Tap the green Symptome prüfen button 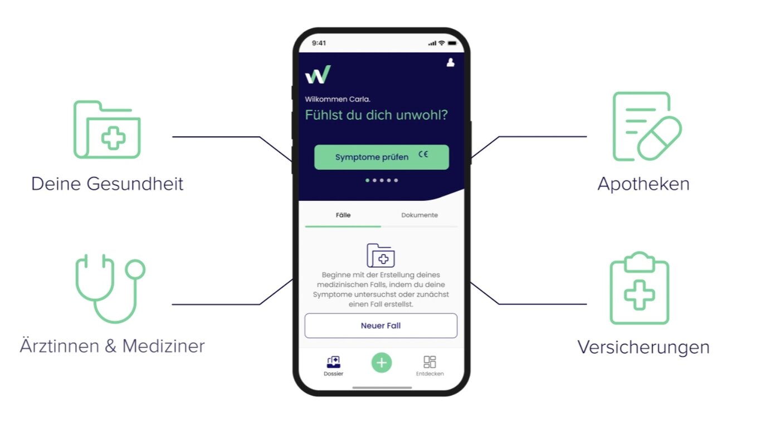(x=381, y=157)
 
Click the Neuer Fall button (x=381, y=326)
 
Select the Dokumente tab (x=419, y=215)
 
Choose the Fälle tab (x=343, y=215)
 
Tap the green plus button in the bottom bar (x=382, y=363)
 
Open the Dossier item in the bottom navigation (x=333, y=366)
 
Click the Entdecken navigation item (x=430, y=366)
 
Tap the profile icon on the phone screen (x=451, y=62)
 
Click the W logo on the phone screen (x=318, y=75)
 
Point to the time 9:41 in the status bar (x=319, y=43)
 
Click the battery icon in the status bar (x=452, y=43)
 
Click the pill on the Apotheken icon (x=659, y=139)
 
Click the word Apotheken (x=643, y=184)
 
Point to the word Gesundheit (x=135, y=184)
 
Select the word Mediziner (x=163, y=346)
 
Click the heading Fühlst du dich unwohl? (x=377, y=115)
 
